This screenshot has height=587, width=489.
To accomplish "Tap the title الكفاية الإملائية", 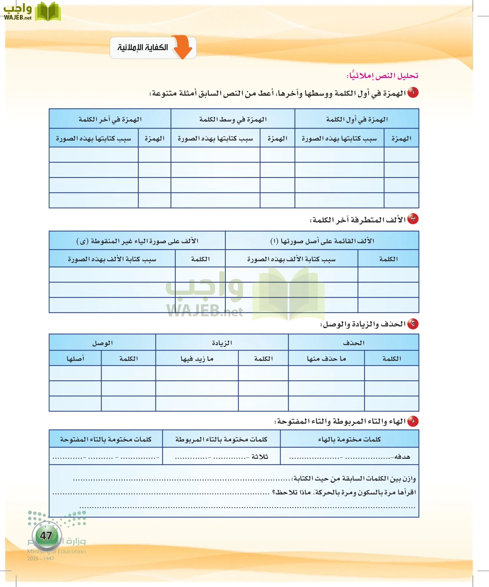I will pos(143,48).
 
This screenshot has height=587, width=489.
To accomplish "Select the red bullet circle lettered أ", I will pos(413,93).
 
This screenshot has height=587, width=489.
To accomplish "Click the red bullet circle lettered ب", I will pos(413,219).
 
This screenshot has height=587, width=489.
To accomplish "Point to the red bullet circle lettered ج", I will pos(413,324).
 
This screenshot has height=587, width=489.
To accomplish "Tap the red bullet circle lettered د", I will pos(413,421).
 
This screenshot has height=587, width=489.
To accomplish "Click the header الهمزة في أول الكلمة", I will pos(357,119).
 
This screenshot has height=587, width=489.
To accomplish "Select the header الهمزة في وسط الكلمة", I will pos(233,119).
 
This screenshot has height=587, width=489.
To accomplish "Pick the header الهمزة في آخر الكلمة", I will pos(110,119).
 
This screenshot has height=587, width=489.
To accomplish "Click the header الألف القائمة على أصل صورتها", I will pos(322,241).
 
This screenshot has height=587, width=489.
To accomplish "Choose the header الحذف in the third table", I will pos(353,343).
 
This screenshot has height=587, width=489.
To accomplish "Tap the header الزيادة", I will pos(222,343).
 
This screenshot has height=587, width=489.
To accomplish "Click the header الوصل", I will pos(102,343).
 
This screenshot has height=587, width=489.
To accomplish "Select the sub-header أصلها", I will pos(75,358).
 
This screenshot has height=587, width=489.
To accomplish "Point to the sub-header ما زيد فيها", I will pos(197,358).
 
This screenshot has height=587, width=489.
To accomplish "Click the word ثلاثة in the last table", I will pos(260,457).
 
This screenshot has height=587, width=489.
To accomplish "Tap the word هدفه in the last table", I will pos(402,457).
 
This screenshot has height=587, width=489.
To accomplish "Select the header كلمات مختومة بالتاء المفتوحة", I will pos(106,439).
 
